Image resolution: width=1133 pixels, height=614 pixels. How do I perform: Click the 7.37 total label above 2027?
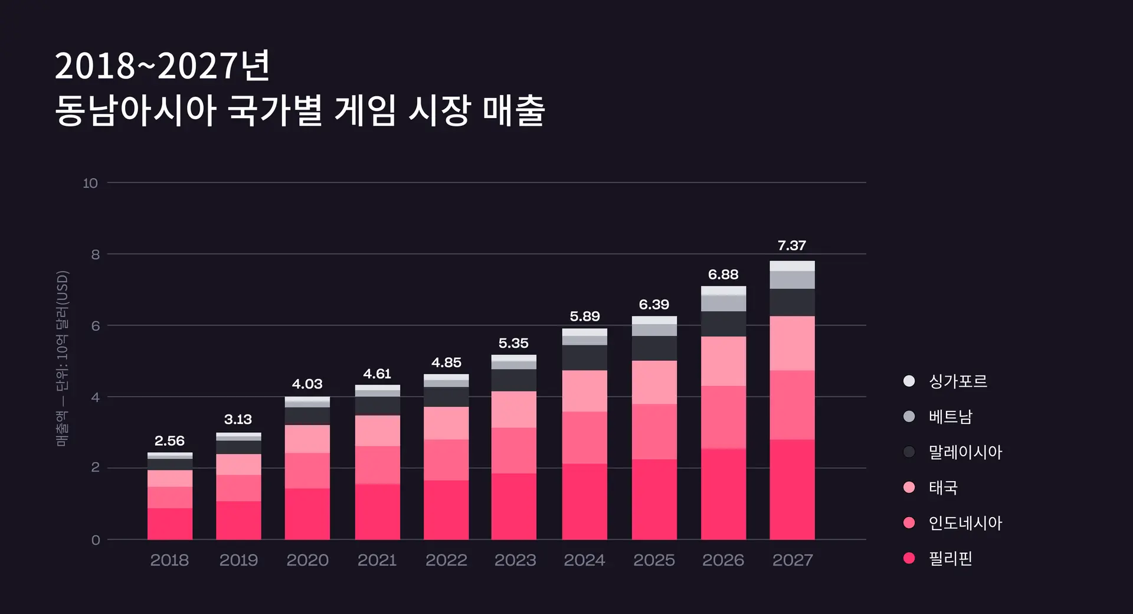pyautogui.click(x=791, y=246)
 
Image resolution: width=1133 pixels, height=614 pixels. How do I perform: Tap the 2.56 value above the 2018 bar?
pyautogui.click(x=169, y=441)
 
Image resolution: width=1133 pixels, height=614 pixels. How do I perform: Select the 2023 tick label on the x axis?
pyautogui.click(x=515, y=560)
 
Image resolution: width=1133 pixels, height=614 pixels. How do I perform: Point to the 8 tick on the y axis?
pyautogui.click(x=96, y=254)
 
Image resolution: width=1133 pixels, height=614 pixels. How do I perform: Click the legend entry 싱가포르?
pyautogui.click(x=957, y=381)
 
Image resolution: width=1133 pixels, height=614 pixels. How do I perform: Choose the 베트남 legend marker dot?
pyautogui.click(x=909, y=417)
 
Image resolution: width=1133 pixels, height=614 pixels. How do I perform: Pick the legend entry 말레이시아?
pyautogui.click(x=965, y=452)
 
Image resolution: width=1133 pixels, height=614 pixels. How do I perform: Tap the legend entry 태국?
pyautogui.click(x=943, y=488)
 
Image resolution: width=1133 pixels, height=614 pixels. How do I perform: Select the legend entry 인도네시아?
pyautogui.click(x=965, y=523)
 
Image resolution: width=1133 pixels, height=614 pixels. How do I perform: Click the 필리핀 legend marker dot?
pyautogui.click(x=909, y=559)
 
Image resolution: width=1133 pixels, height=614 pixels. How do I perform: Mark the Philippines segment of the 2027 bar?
pyautogui.click(x=792, y=489)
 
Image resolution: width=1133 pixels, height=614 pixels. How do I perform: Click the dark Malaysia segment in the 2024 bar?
pyautogui.click(x=584, y=358)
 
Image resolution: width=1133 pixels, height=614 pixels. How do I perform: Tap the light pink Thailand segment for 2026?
pyautogui.click(x=723, y=361)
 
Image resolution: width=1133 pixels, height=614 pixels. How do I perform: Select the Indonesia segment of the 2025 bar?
pyautogui.click(x=654, y=432)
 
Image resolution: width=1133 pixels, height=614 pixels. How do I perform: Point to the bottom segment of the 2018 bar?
pyautogui.click(x=169, y=524)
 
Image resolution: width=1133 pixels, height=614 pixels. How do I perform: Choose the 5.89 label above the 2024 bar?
pyautogui.click(x=584, y=316)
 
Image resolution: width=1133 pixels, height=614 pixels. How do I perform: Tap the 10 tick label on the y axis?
pyautogui.click(x=90, y=183)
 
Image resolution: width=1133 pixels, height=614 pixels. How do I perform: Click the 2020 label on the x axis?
pyautogui.click(x=307, y=560)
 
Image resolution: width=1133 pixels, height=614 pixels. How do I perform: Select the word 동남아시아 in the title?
pyautogui.click(x=136, y=110)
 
